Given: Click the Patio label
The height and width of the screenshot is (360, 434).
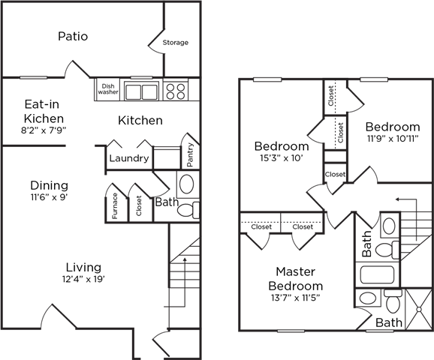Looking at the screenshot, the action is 73,37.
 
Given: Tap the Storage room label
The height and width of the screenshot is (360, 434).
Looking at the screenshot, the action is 176,43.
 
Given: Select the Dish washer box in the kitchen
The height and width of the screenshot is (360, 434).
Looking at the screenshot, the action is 108,89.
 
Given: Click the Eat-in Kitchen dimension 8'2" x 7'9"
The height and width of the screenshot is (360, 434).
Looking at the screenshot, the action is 44,130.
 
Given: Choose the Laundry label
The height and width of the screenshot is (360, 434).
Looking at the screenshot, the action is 129,158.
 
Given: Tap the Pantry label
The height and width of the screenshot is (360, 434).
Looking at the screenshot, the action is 190,154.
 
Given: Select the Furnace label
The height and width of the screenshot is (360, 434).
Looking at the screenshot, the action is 115,206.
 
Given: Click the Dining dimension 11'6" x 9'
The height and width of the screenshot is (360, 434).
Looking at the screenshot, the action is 50,197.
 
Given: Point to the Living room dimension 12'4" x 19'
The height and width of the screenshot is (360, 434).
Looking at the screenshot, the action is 83,279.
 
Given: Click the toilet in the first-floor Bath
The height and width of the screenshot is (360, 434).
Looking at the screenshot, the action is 188,210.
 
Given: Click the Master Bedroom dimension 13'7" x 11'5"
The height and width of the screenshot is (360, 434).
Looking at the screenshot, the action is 296,298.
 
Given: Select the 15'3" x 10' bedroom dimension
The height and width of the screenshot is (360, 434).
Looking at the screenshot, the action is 282,158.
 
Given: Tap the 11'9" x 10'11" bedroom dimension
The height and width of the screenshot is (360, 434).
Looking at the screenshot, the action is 393,139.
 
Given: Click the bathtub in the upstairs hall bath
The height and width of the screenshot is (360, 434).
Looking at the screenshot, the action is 377,274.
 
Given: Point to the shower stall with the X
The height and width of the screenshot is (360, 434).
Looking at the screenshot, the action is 419,310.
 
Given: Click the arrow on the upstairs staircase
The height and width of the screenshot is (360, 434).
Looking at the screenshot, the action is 407,219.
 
